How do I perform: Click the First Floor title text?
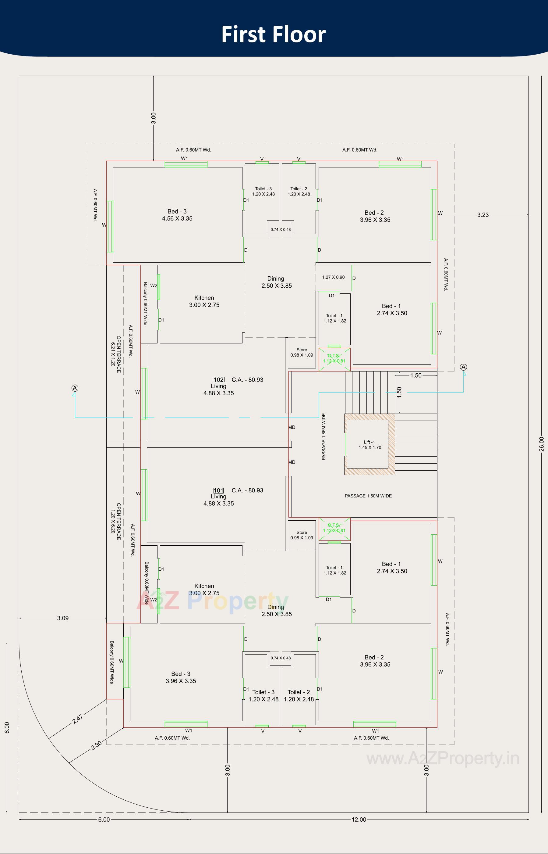click(x=273, y=34)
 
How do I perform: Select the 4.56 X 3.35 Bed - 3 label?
click(x=177, y=215)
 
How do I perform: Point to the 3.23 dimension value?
click(x=483, y=215)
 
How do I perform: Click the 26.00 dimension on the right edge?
click(x=541, y=444)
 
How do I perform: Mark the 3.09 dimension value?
click(x=63, y=618)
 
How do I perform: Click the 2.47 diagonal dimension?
click(x=78, y=719)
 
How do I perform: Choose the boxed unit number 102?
click(x=218, y=380)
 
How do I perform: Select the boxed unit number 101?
click(x=218, y=490)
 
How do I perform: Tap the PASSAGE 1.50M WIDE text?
click(x=368, y=496)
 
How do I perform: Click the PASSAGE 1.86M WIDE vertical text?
click(x=323, y=437)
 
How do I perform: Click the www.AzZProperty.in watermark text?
click(x=443, y=759)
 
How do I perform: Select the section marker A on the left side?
click(x=75, y=388)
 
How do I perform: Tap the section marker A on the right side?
click(x=463, y=367)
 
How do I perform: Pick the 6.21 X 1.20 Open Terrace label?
click(x=116, y=354)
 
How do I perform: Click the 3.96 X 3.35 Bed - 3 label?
click(x=181, y=677)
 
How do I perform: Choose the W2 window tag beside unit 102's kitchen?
click(x=153, y=285)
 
